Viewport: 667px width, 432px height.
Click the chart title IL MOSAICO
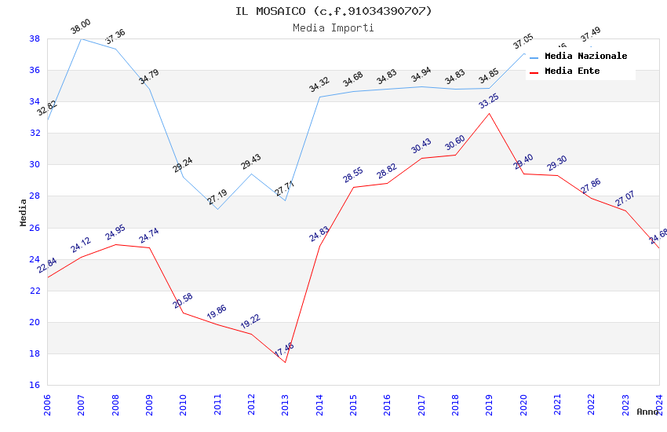[333, 11]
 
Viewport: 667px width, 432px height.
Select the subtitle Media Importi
[333, 27]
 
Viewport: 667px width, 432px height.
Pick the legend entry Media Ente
[572, 71]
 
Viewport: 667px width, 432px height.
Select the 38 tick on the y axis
[35, 38]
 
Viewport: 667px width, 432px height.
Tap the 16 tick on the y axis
[35, 385]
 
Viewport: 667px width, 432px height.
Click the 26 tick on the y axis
[35, 228]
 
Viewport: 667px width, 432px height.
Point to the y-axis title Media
[24, 212]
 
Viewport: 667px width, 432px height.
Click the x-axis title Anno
[647, 412]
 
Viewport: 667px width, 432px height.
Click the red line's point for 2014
[319, 246]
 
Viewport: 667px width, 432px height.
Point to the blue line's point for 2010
[183, 176]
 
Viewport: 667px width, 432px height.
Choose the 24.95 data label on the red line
[115, 233]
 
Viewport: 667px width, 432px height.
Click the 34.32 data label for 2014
[319, 86]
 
